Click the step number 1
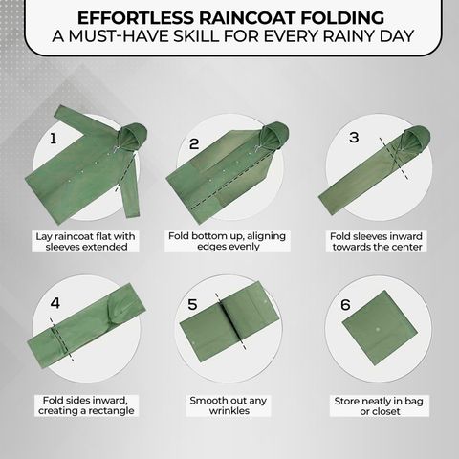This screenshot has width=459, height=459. point(53,139)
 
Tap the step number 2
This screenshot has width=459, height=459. point(194,143)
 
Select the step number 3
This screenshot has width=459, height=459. point(354,137)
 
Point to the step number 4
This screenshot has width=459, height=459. point(55,303)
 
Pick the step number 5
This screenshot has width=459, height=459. point(192,304)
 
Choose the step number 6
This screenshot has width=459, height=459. point(345,305)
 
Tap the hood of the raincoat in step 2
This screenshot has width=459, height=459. point(274,135)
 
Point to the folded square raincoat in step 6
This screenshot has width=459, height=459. point(380,328)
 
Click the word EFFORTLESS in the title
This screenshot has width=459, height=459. point(136,18)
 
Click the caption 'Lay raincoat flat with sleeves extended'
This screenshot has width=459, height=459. point(85,242)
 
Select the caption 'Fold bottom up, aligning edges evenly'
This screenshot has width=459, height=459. point(227,241)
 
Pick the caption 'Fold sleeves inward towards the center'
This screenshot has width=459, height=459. point(376,242)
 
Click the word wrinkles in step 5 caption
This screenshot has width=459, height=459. point(229,410)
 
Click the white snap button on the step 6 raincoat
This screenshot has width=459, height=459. point(378,329)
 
